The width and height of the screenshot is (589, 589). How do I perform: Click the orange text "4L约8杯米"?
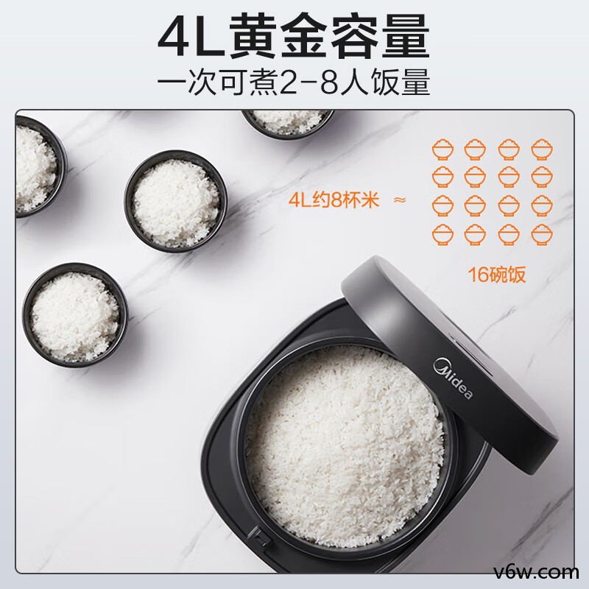pyautogui.click(x=336, y=200)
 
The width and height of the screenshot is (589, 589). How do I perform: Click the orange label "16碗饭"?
pyautogui.click(x=498, y=275)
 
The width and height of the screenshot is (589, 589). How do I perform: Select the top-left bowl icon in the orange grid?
pyautogui.click(x=442, y=148)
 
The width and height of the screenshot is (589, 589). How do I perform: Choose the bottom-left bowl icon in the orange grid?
pyautogui.click(x=442, y=234)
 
